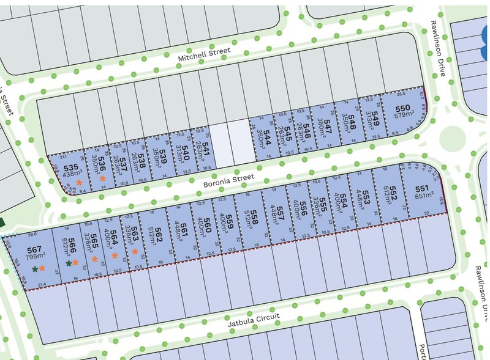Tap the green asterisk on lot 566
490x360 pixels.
pyautogui.click(x=69, y=263)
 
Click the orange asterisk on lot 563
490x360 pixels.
pyautogui.click(x=135, y=251)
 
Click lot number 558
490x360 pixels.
pyautogui.click(x=253, y=214)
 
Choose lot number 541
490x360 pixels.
pyautogui.click(x=206, y=144)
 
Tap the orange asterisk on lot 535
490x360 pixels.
pyautogui.click(x=78, y=183)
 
